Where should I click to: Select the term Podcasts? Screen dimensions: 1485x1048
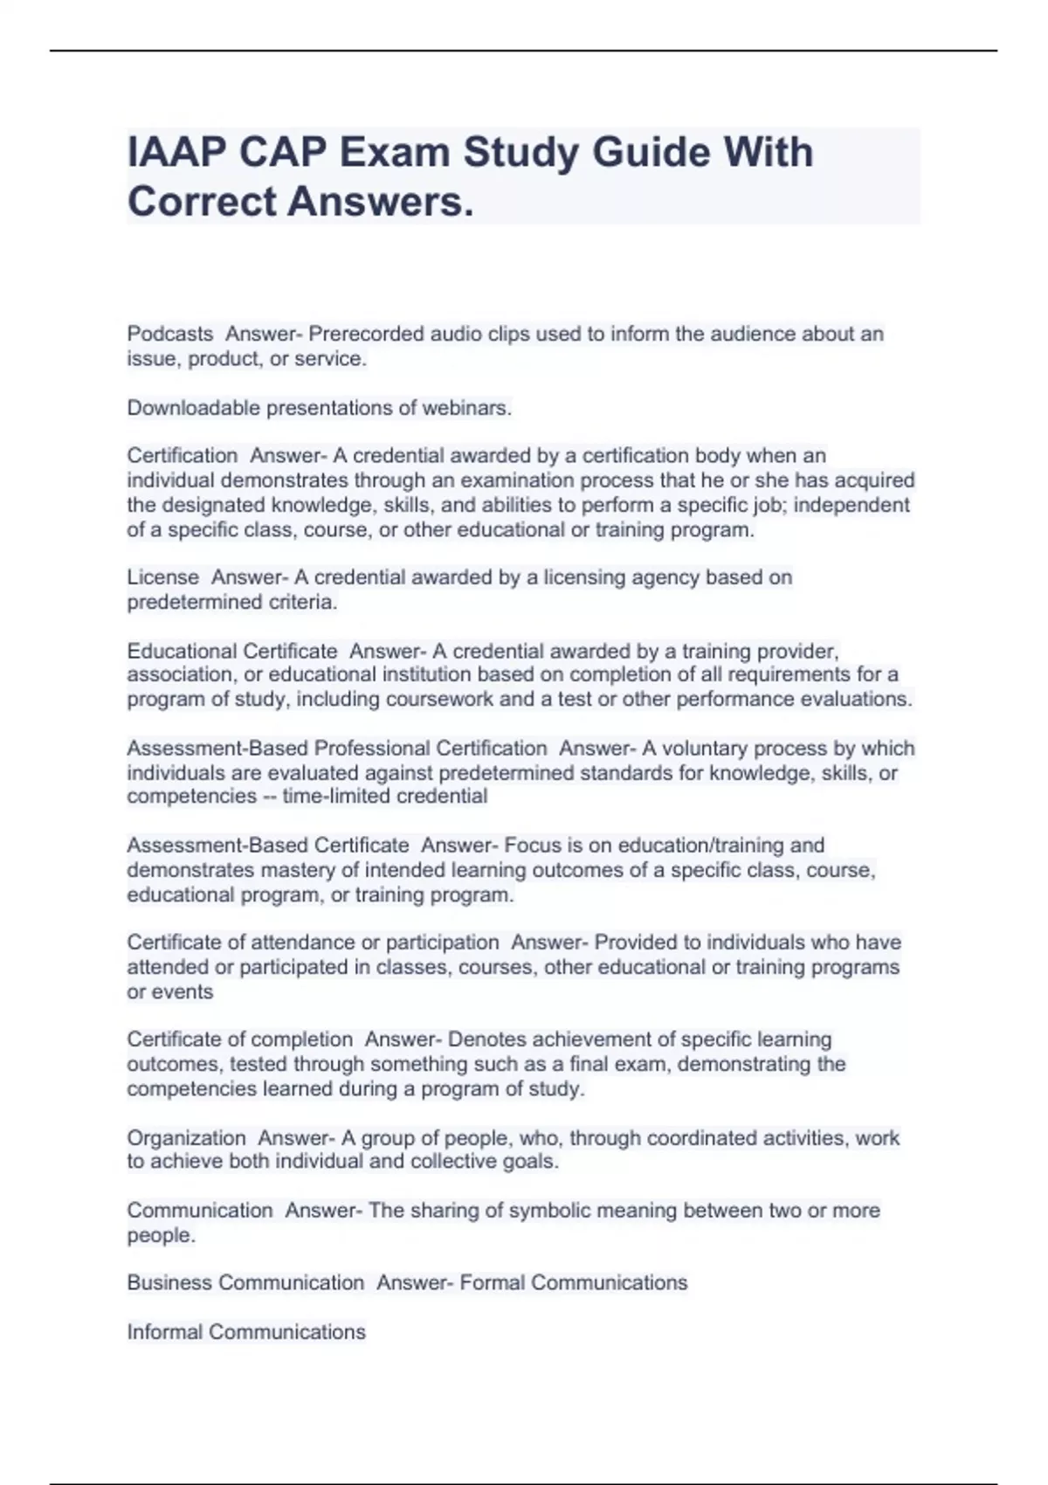click(170, 334)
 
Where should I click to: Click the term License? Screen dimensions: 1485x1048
click(163, 577)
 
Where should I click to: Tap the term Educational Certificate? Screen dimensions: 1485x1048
click(232, 651)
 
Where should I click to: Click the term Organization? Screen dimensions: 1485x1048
click(187, 1138)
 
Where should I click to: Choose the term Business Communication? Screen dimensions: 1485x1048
click(245, 1283)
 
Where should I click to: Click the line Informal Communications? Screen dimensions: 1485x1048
click(246, 1332)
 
